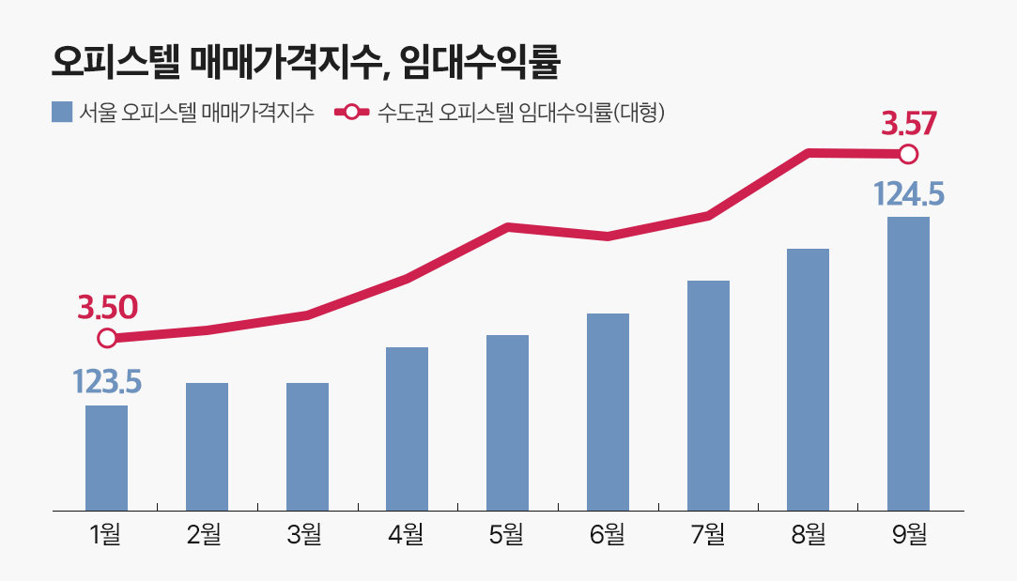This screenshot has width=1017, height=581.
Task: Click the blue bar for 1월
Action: pyautogui.click(x=106, y=458)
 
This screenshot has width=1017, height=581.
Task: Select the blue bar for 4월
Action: pyautogui.click(x=407, y=429)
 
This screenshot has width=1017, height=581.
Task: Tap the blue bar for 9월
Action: pyautogui.click(x=908, y=363)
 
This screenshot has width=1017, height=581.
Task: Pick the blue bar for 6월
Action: pyautogui.click(x=608, y=412)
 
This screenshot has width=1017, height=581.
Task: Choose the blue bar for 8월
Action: pyautogui.click(x=808, y=379)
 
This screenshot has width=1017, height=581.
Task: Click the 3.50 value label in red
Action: pyautogui.click(x=107, y=307)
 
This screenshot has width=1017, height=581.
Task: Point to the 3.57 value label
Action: pyautogui.click(x=908, y=123)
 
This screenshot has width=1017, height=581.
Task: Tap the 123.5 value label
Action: pyautogui.click(x=106, y=382)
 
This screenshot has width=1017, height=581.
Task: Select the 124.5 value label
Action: pyautogui.click(x=908, y=194)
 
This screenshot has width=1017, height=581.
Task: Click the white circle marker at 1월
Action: pyautogui.click(x=107, y=338)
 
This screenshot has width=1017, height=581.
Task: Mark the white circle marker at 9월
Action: pyautogui.click(x=908, y=154)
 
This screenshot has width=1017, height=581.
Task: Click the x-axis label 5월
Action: pyautogui.click(x=507, y=536)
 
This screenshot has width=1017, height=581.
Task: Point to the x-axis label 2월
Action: pyautogui.click(x=206, y=536)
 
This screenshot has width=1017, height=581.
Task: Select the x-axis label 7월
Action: pyautogui.click(x=708, y=536)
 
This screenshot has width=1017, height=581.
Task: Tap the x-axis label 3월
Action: pyautogui.click(x=306, y=536)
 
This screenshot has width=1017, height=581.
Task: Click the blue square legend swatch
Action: pyautogui.click(x=62, y=112)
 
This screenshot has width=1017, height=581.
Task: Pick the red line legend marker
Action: pyautogui.click(x=352, y=112)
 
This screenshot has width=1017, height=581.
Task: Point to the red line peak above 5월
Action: pyautogui.click(x=507, y=227)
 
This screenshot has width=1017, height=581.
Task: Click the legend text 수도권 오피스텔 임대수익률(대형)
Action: pyautogui.click(x=521, y=112)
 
